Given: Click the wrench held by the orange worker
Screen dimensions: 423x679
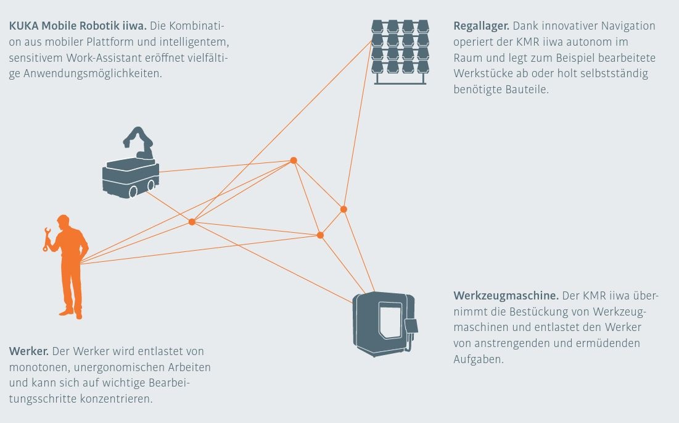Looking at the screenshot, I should (46, 239).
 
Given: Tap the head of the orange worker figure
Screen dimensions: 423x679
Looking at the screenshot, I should (63, 221).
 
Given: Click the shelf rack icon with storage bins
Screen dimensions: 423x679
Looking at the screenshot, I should (400, 51).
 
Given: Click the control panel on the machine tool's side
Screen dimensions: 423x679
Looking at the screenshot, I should (410, 326).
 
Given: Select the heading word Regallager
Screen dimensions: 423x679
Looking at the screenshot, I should (481, 27).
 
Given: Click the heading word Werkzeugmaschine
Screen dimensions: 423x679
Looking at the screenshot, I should (506, 295).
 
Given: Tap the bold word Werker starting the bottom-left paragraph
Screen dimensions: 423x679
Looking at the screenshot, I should (28, 351).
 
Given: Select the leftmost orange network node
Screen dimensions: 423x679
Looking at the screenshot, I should (192, 222).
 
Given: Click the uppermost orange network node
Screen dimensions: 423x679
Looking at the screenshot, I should (294, 161).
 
